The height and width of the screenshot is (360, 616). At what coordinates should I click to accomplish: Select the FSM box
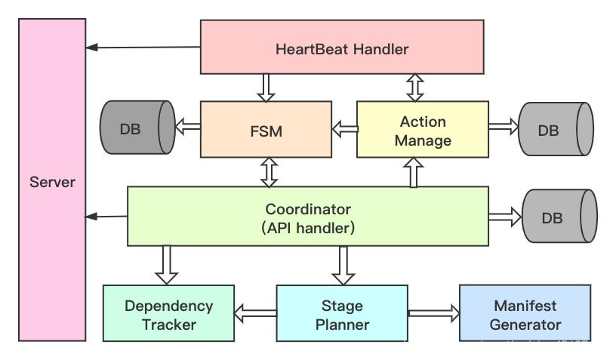[x=265, y=130]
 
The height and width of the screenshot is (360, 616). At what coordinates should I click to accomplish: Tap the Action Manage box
[x=422, y=130]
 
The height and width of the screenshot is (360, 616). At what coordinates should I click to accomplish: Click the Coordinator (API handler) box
[x=308, y=217]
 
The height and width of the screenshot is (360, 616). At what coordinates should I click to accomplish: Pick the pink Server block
[x=52, y=181]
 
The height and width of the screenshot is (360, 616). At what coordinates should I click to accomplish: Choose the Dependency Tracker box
[x=168, y=315]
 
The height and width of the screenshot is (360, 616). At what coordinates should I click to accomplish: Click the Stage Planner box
[x=342, y=315]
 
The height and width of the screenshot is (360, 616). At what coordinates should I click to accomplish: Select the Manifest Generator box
[x=525, y=315]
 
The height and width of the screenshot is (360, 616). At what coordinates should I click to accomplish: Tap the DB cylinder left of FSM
[x=136, y=129]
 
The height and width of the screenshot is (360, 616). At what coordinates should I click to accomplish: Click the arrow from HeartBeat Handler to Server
[x=143, y=48]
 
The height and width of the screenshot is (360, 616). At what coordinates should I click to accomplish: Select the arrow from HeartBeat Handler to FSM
[x=265, y=88]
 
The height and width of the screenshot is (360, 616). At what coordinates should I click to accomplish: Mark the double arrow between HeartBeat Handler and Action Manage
[x=414, y=88]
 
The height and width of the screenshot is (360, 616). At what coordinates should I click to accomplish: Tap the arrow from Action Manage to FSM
[x=343, y=129]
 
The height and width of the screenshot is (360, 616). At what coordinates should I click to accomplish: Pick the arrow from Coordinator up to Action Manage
[x=414, y=173]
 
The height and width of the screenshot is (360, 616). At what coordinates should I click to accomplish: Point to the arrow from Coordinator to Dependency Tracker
[x=168, y=265]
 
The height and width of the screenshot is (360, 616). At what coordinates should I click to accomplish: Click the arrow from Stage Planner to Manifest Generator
[x=433, y=312]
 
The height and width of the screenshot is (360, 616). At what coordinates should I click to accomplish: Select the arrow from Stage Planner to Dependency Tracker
[x=255, y=312]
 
